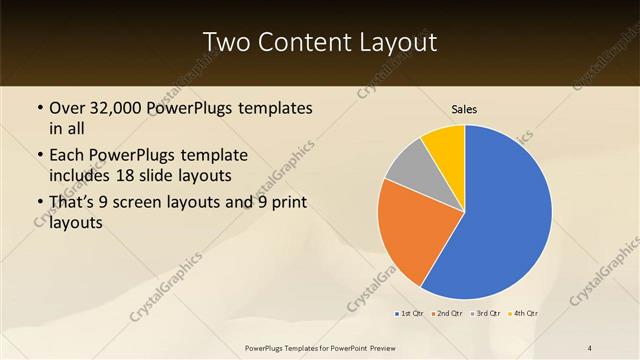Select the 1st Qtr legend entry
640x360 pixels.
coord(410,314)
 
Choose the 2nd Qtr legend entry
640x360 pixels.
coord(446,314)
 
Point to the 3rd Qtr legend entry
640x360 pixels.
coord(485,314)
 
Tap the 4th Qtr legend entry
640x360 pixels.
coord(523,314)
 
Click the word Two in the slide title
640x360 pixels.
coord(228,43)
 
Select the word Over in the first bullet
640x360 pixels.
coord(67,109)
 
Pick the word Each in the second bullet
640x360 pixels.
coord(67,157)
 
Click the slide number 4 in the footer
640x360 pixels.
coord(590,347)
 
